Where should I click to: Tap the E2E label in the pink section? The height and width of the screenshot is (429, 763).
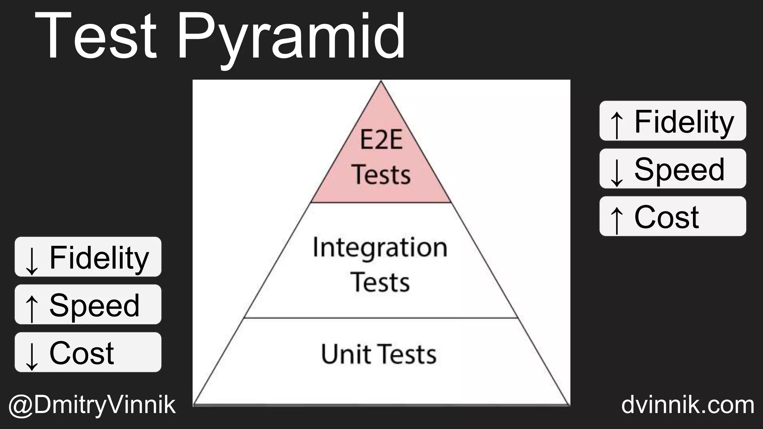[381, 140]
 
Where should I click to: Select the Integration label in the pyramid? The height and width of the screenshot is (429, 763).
[380, 247]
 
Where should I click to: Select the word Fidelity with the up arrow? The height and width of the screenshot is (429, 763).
[684, 122]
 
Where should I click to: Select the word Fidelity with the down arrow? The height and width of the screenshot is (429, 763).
[99, 258]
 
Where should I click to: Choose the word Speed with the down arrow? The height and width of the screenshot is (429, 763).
[680, 169]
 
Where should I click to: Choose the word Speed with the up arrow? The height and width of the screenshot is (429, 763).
[95, 305]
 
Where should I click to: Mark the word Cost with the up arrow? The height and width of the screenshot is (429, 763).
[667, 217]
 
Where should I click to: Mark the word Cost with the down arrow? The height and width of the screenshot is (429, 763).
[82, 353]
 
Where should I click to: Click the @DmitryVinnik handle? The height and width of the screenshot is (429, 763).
[92, 405]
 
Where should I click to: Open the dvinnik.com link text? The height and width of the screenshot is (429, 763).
[688, 405]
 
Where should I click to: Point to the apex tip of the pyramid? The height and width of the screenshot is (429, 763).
[381, 82]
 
